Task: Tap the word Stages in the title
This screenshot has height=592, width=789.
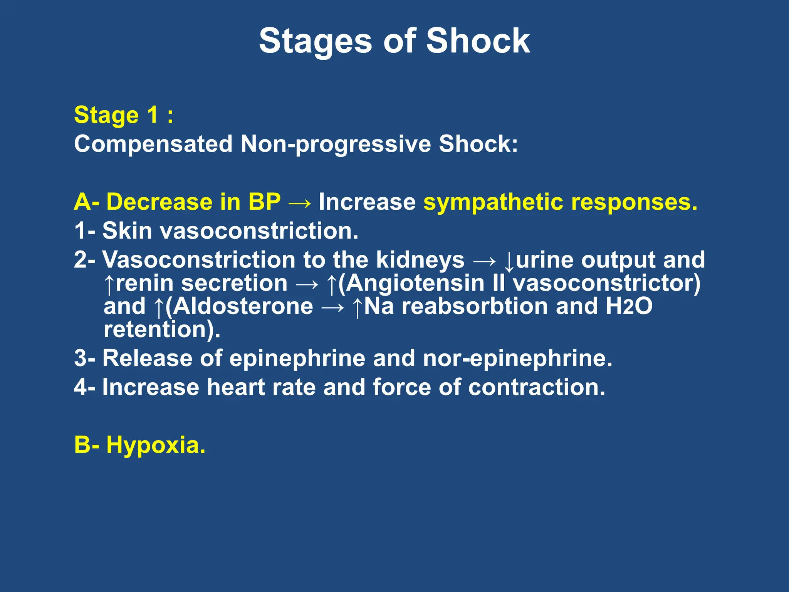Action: point(315,42)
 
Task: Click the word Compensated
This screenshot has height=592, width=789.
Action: point(153,144)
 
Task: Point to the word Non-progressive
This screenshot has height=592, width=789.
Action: point(336,144)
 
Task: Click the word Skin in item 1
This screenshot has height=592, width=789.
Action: point(127,230)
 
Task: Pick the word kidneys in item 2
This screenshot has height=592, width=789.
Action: point(420,260)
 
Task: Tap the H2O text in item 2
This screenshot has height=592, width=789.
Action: point(628,306)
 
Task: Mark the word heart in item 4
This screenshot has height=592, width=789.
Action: point(235,387)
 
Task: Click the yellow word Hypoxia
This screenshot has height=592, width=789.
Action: point(155,445)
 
